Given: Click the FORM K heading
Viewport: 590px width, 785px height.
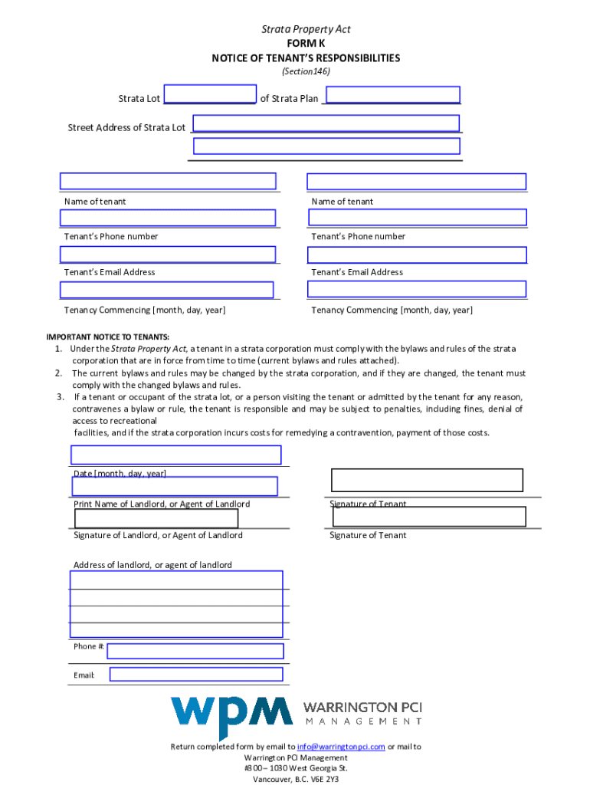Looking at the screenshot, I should [x=306, y=44].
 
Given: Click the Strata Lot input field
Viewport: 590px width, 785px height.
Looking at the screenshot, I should [x=210, y=94].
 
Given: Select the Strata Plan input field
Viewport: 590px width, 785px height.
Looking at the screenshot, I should [x=393, y=94].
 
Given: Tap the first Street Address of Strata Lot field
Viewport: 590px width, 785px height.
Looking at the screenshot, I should [x=326, y=123].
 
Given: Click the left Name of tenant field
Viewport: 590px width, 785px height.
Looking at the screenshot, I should [x=168, y=182].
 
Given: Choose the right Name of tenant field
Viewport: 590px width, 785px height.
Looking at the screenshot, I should [x=416, y=182].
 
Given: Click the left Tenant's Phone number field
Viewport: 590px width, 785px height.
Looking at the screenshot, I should [x=168, y=218].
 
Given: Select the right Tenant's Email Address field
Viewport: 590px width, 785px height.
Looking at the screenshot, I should [x=416, y=255].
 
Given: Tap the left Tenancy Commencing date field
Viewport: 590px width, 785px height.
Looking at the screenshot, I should [x=166, y=290].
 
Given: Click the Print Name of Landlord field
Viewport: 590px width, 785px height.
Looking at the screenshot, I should [x=175, y=486].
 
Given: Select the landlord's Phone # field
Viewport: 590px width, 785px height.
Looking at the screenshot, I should [x=195, y=651].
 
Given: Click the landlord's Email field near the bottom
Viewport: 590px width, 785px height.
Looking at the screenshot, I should [x=196, y=675].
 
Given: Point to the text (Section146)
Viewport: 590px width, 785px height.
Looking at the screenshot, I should [x=306, y=71].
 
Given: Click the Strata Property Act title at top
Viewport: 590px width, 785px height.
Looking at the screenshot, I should [x=306, y=29].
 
